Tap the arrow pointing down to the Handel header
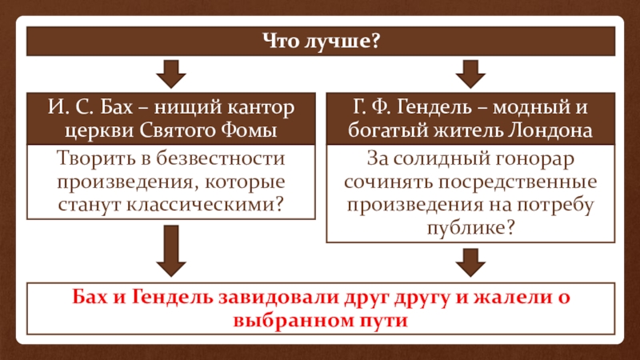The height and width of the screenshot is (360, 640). coord(470,74)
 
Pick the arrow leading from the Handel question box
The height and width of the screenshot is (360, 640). coord(470,262)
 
